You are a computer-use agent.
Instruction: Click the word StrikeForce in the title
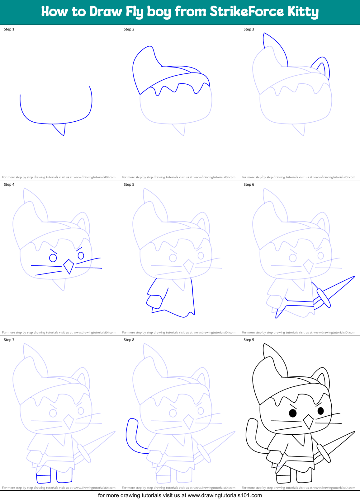click(x=247, y=12)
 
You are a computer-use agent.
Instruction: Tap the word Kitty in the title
click(x=303, y=12)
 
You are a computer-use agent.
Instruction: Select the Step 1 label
click(x=9, y=29)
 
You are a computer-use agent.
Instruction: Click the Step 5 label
click(x=129, y=185)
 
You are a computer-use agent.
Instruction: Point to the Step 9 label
click(x=249, y=340)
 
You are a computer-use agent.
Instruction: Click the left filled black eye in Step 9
click(x=293, y=413)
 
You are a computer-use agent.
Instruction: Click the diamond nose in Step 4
click(x=69, y=266)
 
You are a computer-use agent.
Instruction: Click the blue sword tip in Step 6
click(x=352, y=278)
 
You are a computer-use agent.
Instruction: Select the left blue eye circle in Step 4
click(x=53, y=258)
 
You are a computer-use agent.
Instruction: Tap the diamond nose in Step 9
click(x=308, y=422)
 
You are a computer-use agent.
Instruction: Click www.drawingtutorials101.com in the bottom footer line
click(x=225, y=495)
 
